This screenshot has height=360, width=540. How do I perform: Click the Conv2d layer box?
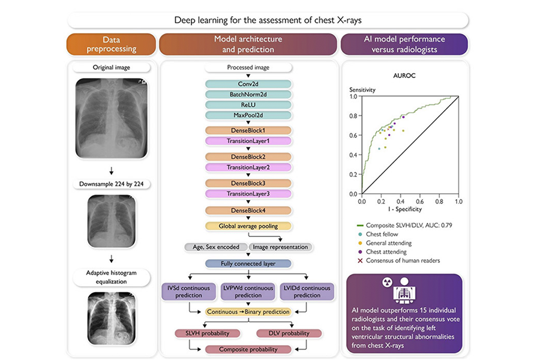(248, 85)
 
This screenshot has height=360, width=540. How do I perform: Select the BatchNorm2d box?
(248, 95)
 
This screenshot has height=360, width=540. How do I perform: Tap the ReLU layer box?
(248, 104)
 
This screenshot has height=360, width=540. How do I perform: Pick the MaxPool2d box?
(248, 115)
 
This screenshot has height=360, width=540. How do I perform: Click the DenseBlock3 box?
(248, 183)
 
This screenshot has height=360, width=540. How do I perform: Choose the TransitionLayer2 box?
(248, 167)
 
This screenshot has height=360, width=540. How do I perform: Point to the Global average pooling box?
(248, 226)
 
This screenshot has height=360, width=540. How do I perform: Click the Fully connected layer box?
(248, 263)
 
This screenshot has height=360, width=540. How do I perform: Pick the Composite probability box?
(248, 349)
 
